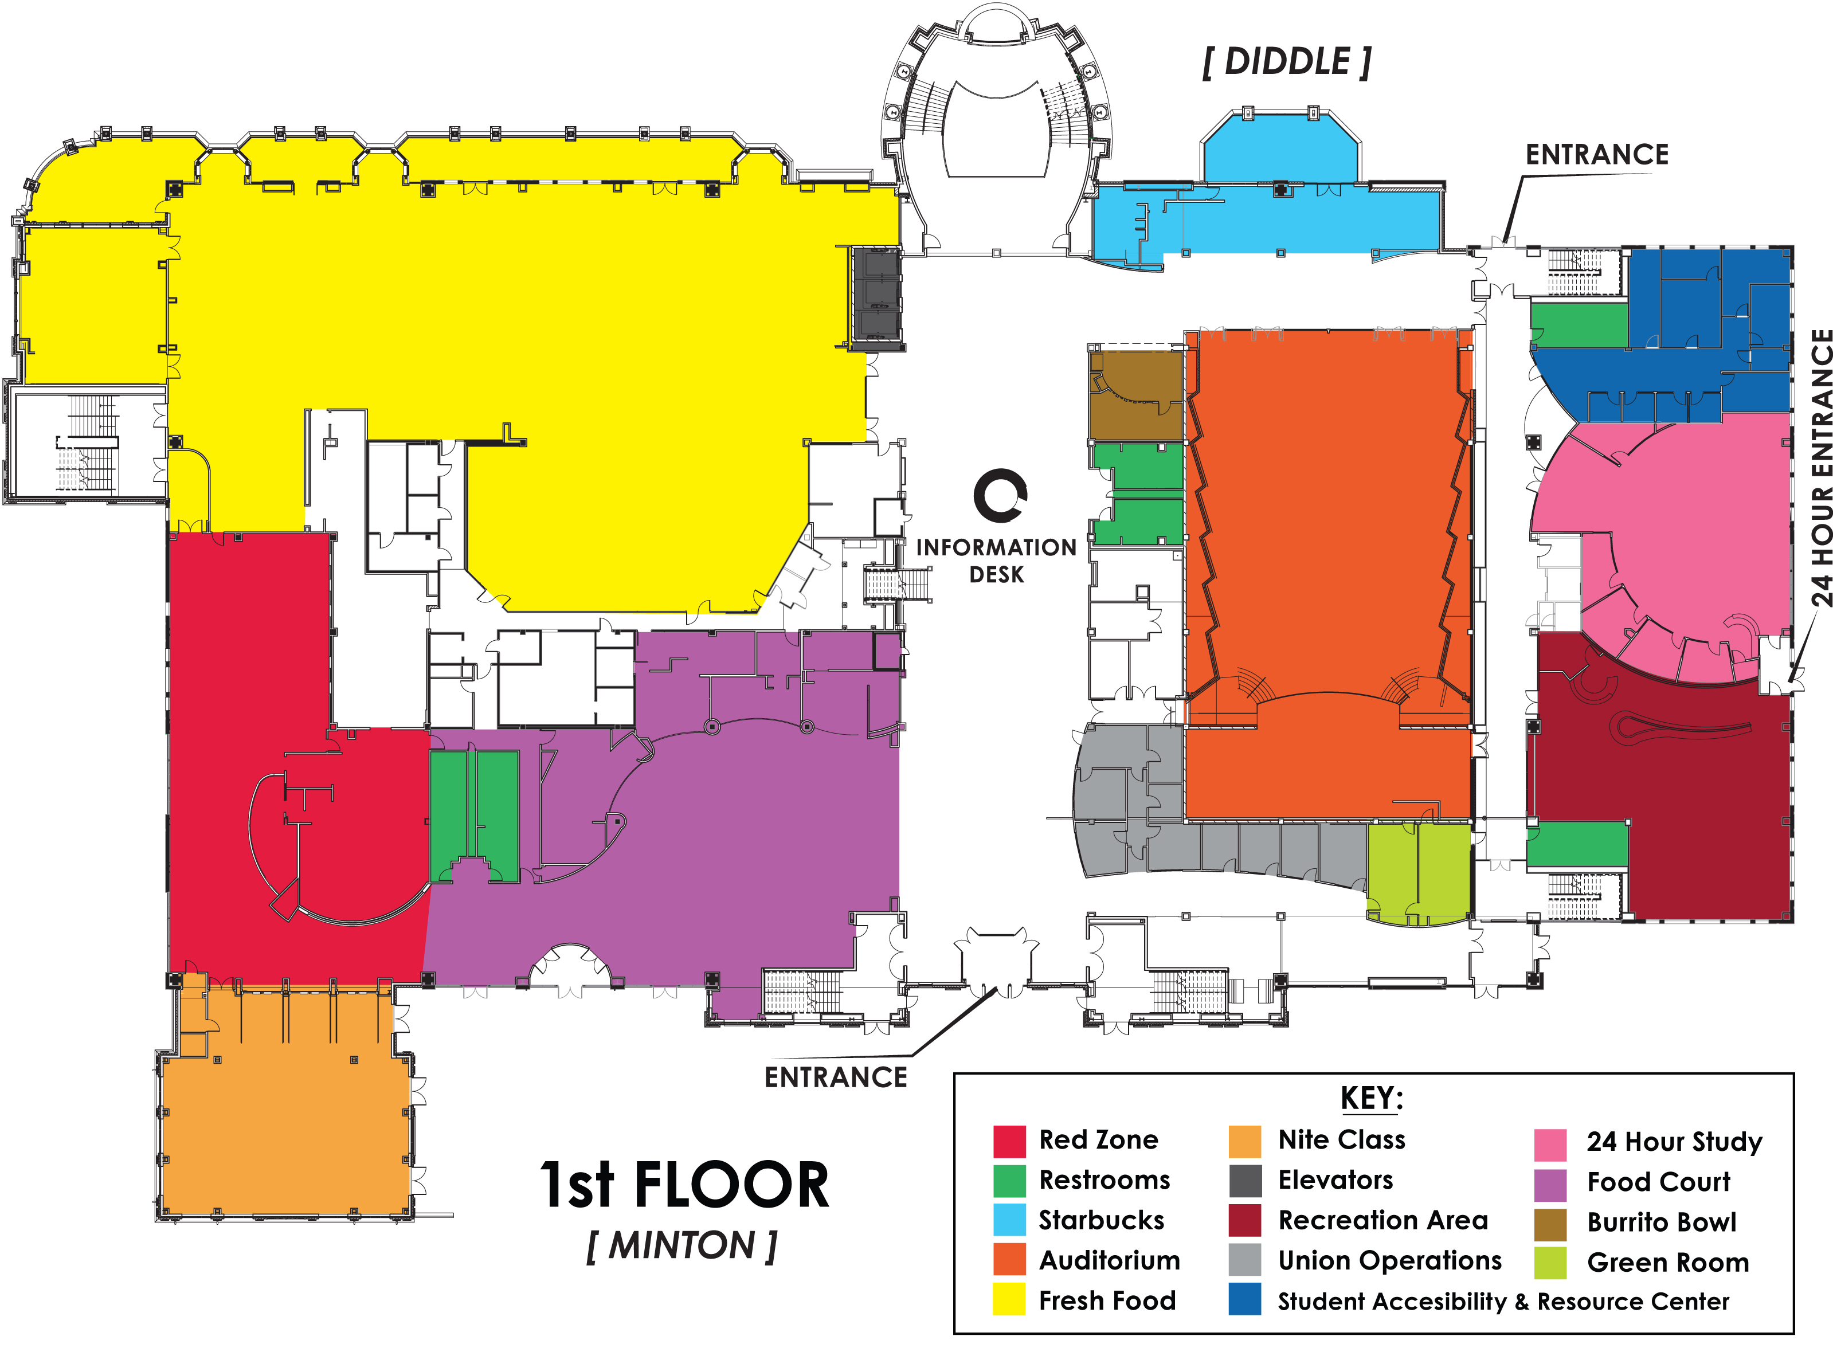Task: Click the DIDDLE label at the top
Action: point(1287,62)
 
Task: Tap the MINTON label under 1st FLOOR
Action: point(682,1246)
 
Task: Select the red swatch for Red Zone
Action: point(1009,1141)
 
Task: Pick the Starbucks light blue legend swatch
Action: point(1009,1220)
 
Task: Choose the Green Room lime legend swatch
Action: point(1550,1263)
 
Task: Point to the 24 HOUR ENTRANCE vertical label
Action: point(1822,468)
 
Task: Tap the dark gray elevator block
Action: point(876,298)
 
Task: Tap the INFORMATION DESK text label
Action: point(997,561)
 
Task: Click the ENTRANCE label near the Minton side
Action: point(836,1077)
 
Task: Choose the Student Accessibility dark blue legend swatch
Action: point(1244,1299)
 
